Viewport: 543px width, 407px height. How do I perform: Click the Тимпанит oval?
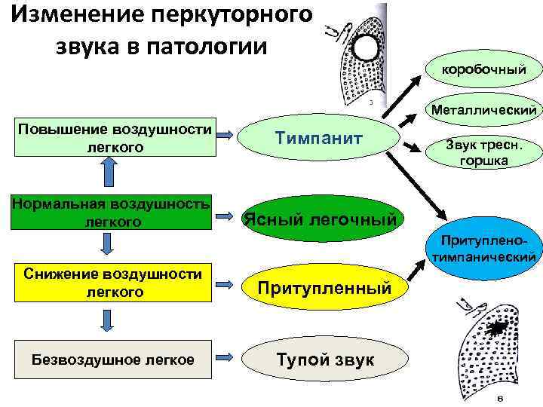tap(319, 139)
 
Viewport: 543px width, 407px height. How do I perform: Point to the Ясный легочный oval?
tap(319, 219)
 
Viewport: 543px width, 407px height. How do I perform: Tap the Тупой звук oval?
tap(324, 360)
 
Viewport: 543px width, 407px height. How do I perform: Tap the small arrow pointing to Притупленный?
tap(223, 283)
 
